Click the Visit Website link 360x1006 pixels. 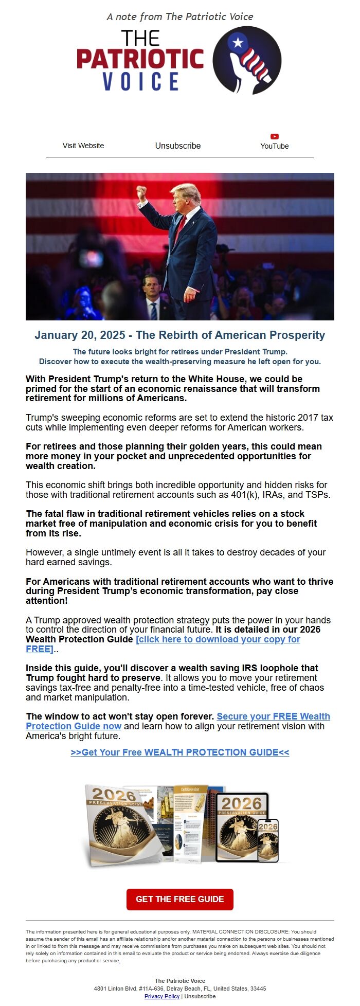pyautogui.click(x=83, y=146)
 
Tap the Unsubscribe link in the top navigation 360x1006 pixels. pyautogui.click(x=178, y=146)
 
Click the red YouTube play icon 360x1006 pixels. pyautogui.click(x=275, y=136)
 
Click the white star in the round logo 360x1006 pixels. pyautogui.click(x=238, y=42)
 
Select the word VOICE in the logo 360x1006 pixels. pyautogui.click(x=141, y=82)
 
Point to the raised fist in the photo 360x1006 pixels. pyautogui.click(x=141, y=192)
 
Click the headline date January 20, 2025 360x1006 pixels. pyautogui.click(x=80, y=335)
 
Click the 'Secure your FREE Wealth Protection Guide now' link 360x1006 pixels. pyautogui.click(x=273, y=716)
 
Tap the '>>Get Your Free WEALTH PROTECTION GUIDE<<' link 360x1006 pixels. pyautogui.click(x=180, y=752)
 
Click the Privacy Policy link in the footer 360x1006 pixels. pyautogui.click(x=161, y=996)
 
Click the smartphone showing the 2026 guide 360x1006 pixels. pyautogui.click(x=268, y=840)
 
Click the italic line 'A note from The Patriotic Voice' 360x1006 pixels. pyautogui.click(x=180, y=16)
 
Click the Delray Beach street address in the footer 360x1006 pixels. pyautogui.click(x=180, y=989)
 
